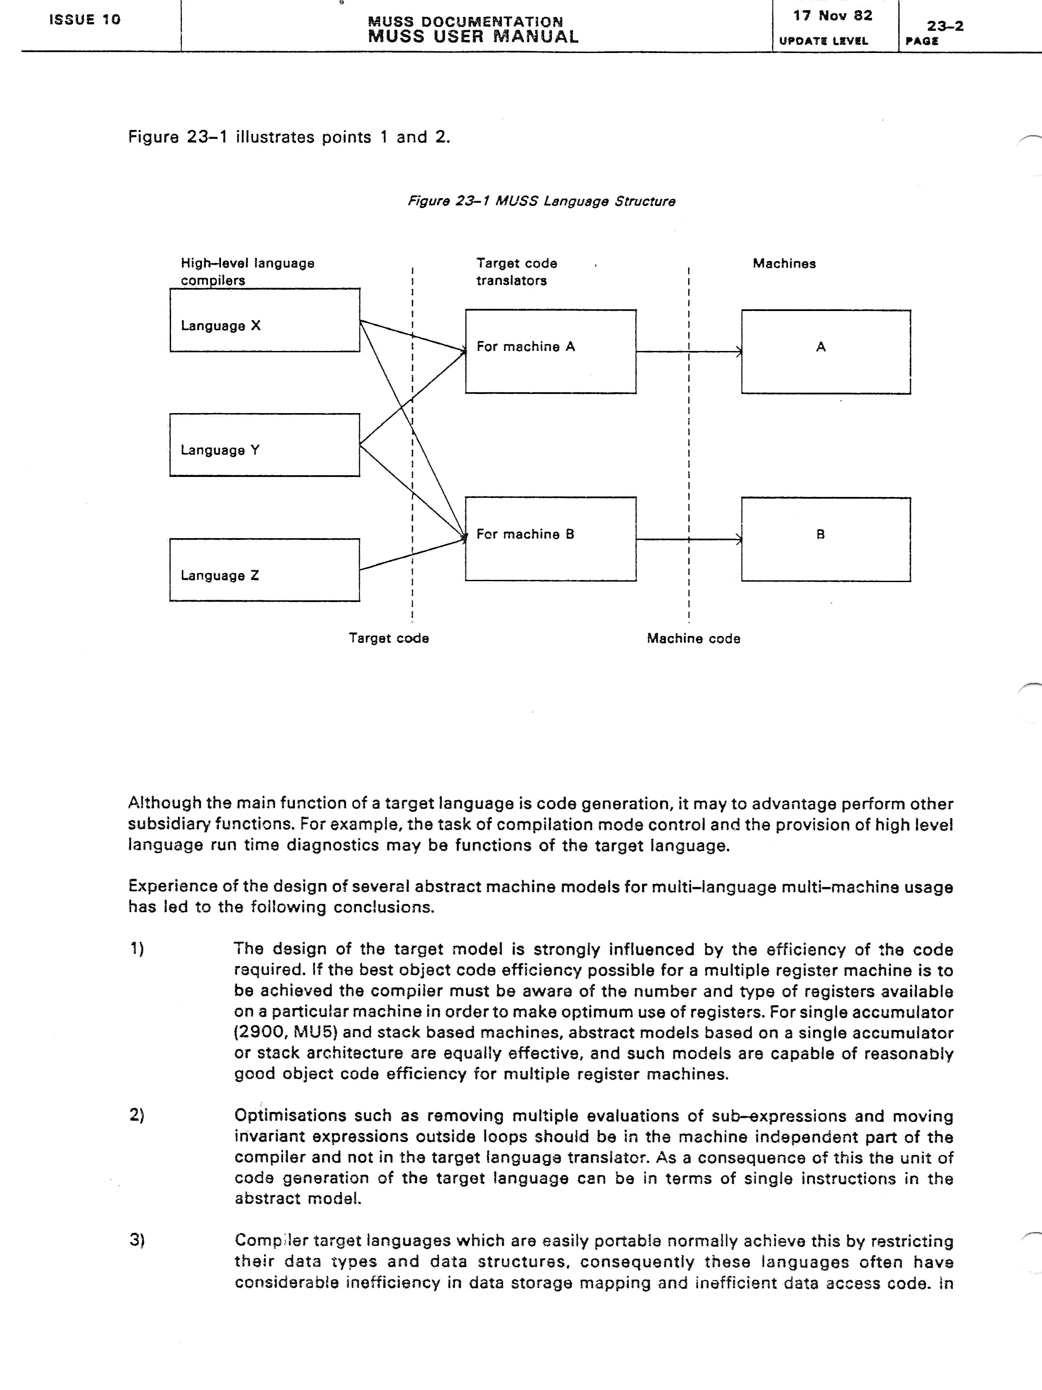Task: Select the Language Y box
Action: [264, 445]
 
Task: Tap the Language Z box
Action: [264, 570]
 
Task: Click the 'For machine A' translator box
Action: [550, 351]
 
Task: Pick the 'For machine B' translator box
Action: [550, 539]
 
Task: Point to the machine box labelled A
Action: [826, 352]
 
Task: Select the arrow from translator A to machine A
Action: [689, 352]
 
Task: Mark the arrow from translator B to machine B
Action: [689, 539]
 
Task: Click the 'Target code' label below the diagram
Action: [389, 639]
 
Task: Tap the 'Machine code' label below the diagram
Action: [693, 639]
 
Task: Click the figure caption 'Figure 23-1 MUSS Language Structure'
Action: [541, 202]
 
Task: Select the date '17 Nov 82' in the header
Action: [832, 16]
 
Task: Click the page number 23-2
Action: [945, 26]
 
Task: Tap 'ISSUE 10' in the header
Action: [85, 20]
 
